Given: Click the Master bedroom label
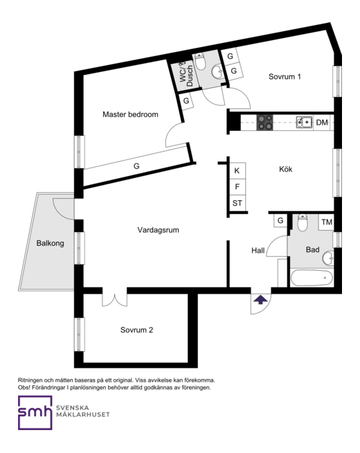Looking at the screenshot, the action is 130,114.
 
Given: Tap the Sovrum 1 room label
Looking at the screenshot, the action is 285,77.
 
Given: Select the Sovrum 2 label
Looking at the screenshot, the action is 136,330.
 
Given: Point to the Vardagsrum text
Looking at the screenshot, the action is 158,230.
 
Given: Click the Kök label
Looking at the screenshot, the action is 285,169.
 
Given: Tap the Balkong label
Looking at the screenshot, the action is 50,243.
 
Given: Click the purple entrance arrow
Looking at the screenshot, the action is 260,300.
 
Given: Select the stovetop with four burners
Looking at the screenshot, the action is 265,123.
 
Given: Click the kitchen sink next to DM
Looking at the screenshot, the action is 304,123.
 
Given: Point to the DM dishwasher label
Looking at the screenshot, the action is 322,123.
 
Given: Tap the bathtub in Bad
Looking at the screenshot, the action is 312,278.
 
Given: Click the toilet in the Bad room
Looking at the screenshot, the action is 303,222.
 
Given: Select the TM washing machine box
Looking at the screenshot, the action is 326,222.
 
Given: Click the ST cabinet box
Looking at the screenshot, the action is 237,203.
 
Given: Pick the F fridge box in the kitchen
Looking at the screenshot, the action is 237,187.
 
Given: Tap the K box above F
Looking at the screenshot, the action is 237,171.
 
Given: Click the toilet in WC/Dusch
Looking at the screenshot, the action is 200,61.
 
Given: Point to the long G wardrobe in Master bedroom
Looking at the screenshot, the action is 136,166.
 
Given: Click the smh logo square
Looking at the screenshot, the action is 35,413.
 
